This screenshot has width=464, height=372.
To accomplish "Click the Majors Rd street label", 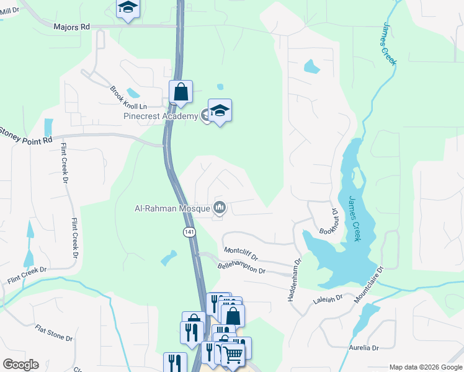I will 71,27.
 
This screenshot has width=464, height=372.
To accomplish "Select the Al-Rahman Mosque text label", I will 172,208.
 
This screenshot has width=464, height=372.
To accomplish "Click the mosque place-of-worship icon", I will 219,208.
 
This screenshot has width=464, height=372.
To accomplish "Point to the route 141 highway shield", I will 190,231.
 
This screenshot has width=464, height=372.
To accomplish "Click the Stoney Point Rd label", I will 26,136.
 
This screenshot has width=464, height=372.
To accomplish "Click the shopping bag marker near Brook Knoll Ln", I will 181,92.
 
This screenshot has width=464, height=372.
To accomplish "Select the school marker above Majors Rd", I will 128,7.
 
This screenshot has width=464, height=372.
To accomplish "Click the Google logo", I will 20,365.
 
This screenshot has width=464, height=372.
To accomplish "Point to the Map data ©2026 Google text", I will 425,366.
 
